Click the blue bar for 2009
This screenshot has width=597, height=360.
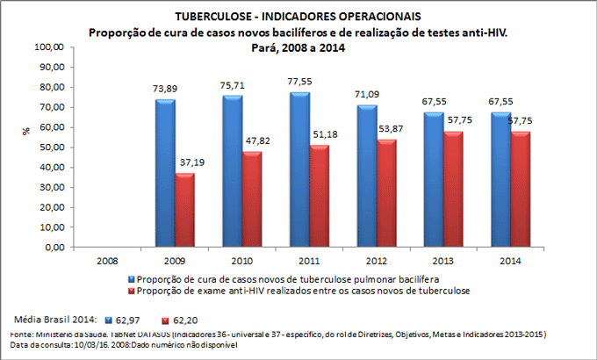(x=165, y=173)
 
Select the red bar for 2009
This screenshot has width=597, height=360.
(x=184, y=210)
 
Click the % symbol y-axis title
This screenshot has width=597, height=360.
(x=25, y=130)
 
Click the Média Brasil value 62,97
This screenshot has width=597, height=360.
(x=131, y=321)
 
